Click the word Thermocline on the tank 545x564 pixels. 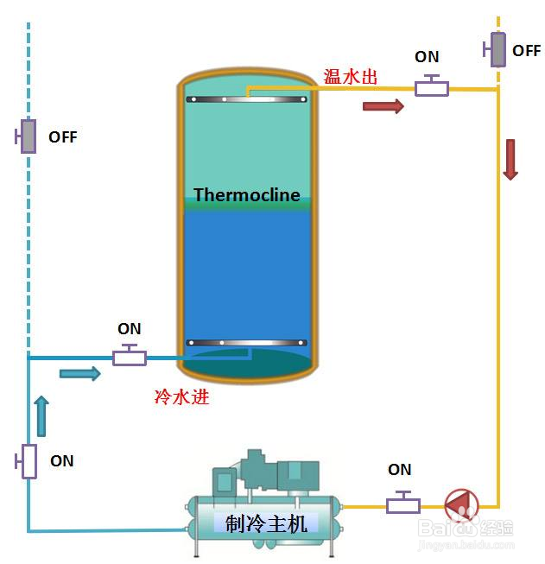point(247,194)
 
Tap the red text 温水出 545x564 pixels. point(351,77)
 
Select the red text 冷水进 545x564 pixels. point(181,397)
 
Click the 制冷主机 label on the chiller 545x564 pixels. point(266,523)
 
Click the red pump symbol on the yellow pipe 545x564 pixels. point(460,504)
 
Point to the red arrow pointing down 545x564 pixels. point(510,159)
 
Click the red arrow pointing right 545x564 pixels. point(383,106)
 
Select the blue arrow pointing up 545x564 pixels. point(41,415)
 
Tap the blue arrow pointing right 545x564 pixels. point(80,373)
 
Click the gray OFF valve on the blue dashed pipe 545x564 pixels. point(28,136)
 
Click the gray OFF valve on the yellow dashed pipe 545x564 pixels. point(497,49)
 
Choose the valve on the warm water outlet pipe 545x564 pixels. point(431,87)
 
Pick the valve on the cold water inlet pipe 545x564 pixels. point(130,356)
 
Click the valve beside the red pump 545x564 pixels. point(403,504)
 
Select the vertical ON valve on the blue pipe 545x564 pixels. point(29,460)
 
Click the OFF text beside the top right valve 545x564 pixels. point(526,51)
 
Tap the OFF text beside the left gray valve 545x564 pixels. point(62,137)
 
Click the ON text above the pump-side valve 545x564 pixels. point(400,470)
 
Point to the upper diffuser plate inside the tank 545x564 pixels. point(247,99)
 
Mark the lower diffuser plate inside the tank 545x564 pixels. point(247,343)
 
